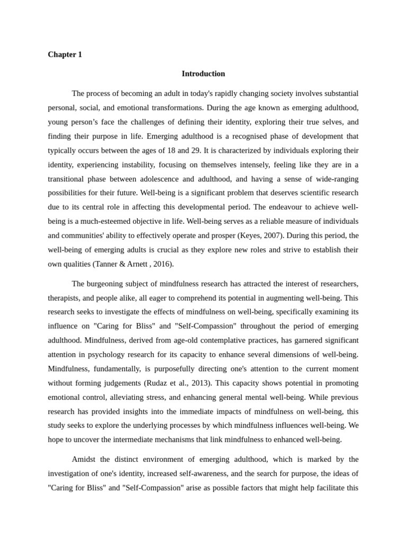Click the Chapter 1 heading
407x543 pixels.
click(65, 55)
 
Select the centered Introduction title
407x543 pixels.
click(203, 74)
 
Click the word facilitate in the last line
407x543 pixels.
click(326, 487)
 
